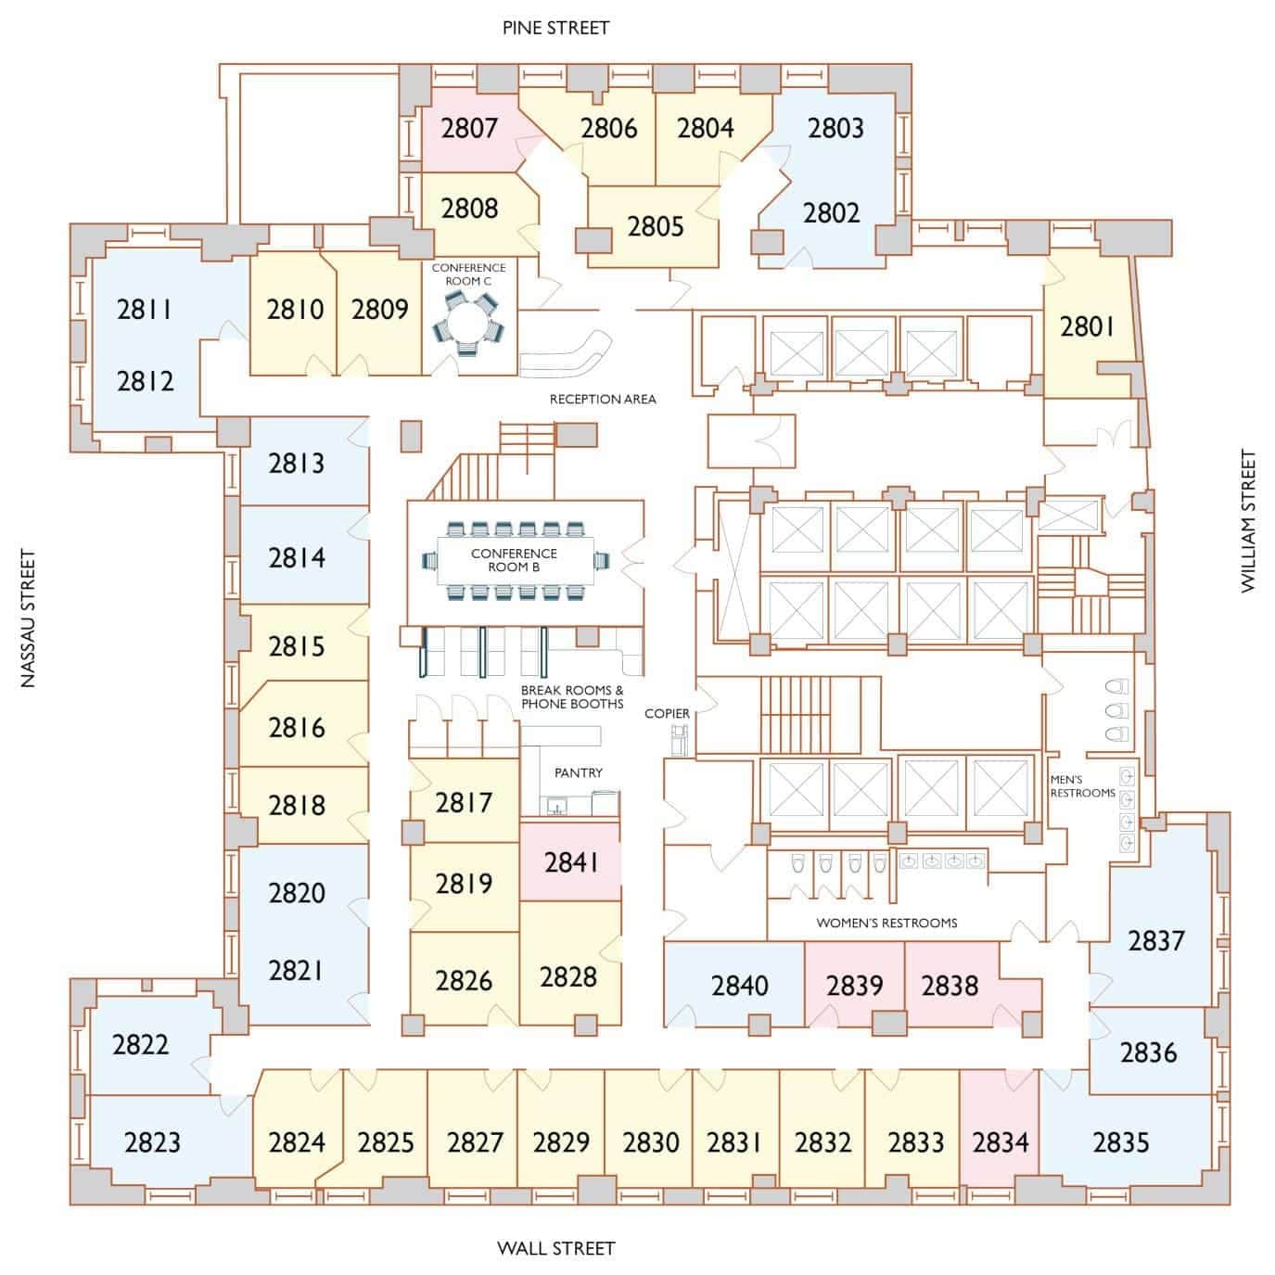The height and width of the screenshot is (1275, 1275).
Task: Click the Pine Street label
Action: coord(555,28)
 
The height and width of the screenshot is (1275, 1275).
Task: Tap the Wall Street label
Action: coord(555,1248)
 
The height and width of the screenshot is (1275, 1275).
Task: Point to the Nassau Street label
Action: coord(29,619)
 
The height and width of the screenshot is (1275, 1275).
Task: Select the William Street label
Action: coord(1248,521)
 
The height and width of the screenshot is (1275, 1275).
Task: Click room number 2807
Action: coord(469,128)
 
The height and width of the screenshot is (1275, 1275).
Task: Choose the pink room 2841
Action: coord(570,862)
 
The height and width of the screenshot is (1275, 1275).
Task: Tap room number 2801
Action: coord(1087,326)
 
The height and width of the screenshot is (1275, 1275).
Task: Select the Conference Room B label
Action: coord(514,560)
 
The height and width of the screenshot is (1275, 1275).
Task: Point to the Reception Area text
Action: coord(603,399)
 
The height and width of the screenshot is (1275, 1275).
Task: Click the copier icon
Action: coord(681,740)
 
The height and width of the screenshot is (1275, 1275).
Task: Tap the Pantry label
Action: coord(578,772)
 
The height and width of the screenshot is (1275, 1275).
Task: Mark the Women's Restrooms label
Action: coord(886,923)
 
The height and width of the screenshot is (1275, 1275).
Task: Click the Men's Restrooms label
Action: coord(1082,786)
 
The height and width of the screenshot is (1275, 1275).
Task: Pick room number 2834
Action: coord(1001,1141)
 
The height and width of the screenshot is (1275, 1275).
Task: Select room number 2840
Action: coord(739,985)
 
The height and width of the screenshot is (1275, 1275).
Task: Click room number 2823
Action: coord(152,1141)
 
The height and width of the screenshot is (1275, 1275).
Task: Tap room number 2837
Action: coord(1155,940)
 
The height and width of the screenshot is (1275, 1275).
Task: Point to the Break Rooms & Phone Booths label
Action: coord(571,697)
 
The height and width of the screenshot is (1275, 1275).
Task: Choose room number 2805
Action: coord(655,226)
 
